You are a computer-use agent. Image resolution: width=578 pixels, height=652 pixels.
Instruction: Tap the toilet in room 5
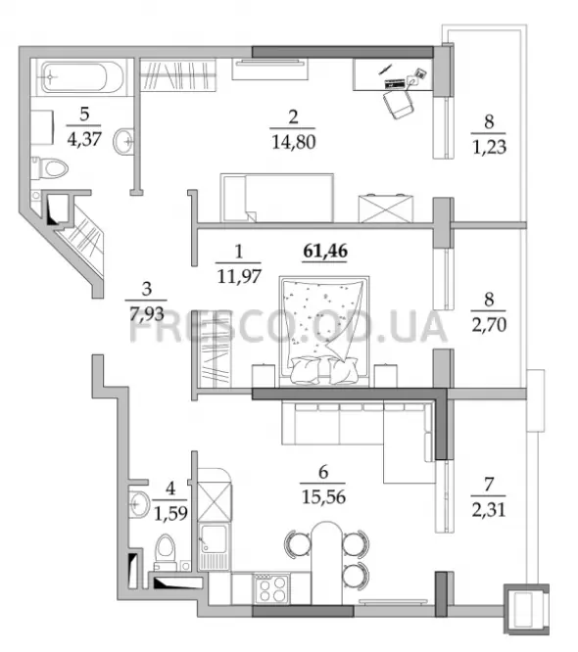[50, 168]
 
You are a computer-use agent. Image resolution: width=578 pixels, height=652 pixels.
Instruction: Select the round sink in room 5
[123, 141]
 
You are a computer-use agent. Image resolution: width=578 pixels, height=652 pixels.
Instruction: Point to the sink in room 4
[139, 504]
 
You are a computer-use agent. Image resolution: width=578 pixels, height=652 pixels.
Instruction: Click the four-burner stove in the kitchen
[272, 588]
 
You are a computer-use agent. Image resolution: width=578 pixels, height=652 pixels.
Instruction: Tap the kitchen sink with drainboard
[214, 546]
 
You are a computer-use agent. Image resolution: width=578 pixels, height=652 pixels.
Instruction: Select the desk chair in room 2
[399, 104]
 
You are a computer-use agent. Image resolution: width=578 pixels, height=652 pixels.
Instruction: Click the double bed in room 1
[324, 331]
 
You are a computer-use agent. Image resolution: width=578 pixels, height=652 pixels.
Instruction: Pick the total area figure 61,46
[325, 251]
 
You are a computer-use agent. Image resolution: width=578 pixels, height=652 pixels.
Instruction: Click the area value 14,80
[293, 142]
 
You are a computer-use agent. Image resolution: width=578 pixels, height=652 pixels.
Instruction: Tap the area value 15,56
[323, 497]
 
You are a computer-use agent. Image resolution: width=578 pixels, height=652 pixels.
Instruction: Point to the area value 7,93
[147, 314]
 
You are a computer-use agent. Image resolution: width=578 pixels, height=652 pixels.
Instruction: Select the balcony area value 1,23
[489, 147]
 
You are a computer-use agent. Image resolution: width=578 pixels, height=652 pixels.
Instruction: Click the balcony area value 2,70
[489, 325]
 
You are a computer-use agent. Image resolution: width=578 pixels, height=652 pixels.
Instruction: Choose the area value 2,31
[489, 509]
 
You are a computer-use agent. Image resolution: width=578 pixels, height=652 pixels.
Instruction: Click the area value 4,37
[84, 139]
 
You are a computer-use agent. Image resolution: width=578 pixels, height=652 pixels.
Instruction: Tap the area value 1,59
[170, 514]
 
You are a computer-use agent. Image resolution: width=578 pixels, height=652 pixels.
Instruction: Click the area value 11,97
[239, 276]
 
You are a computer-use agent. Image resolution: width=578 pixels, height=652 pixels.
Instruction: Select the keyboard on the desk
[395, 83]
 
